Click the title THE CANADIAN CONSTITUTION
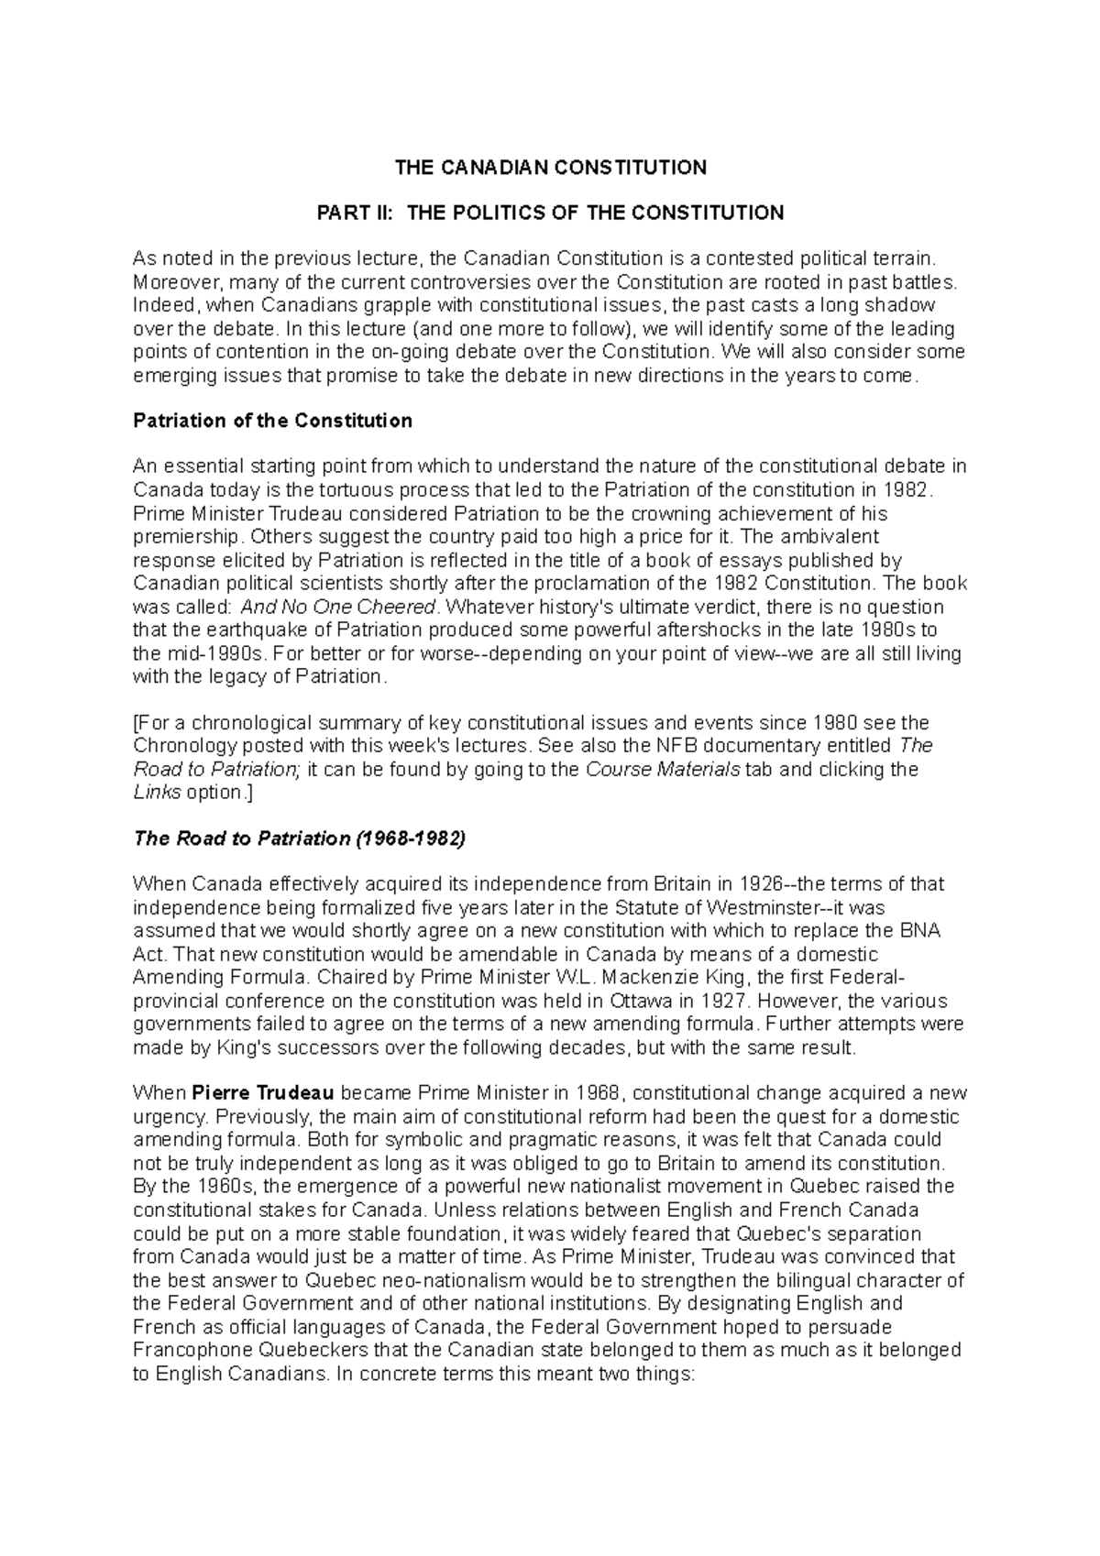coord(550,168)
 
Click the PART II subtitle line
coord(550,214)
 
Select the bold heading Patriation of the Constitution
coord(272,421)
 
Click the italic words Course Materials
coord(662,770)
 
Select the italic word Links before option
coord(157,793)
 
